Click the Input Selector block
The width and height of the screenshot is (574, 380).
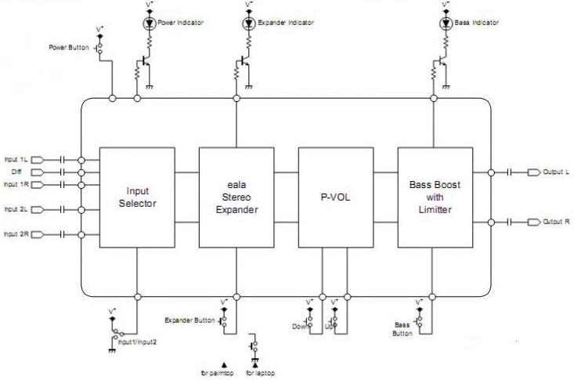[137, 197]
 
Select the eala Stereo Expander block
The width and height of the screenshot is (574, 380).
[236, 197]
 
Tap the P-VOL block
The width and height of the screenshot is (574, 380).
[336, 197]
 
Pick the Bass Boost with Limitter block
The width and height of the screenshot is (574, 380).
[435, 197]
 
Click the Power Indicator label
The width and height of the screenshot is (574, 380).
[182, 23]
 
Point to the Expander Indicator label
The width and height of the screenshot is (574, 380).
[287, 23]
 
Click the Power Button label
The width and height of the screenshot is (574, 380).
[70, 48]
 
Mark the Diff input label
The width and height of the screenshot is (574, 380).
[16, 171]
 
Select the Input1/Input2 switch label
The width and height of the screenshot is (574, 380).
[138, 342]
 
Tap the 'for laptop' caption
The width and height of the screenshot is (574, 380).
[260, 373]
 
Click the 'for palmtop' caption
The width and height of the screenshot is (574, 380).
[222, 373]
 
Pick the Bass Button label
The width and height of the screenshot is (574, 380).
[402, 328]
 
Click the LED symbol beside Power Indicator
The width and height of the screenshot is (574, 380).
[150, 23]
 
